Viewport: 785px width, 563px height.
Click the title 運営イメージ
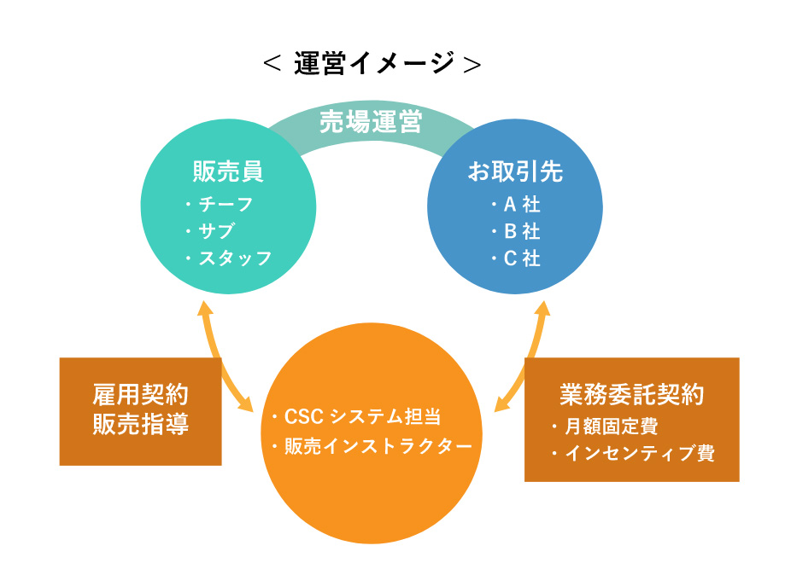(x=374, y=63)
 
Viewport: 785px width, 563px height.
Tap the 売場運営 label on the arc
(x=371, y=121)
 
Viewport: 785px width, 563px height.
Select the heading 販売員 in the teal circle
(x=228, y=171)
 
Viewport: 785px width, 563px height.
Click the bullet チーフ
(x=226, y=205)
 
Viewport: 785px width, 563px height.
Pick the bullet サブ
(x=216, y=231)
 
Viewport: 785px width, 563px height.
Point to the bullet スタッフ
(x=235, y=258)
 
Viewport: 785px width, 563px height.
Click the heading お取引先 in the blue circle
(x=515, y=171)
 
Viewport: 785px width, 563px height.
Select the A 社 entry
(x=522, y=205)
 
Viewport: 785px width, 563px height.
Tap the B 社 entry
(x=522, y=231)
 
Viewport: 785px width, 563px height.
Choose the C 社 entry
(x=522, y=258)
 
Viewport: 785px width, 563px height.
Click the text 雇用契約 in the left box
(x=141, y=394)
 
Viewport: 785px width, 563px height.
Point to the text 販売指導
(x=141, y=424)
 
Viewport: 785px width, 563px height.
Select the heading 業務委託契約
(x=632, y=394)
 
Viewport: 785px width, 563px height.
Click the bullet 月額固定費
(x=611, y=427)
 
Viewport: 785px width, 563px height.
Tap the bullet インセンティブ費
(x=639, y=453)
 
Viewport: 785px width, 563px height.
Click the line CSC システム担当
(x=362, y=416)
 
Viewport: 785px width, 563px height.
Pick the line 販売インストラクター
(x=378, y=446)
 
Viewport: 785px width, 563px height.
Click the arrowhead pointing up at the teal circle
(x=204, y=307)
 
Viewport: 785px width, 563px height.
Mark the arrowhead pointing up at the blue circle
(x=542, y=307)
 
